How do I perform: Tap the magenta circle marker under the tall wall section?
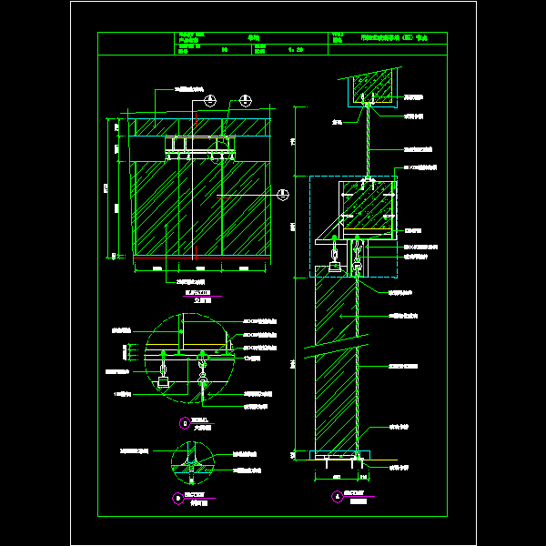[x=338, y=496]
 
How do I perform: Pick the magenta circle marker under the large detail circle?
[x=185, y=422]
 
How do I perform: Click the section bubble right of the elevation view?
[x=283, y=193]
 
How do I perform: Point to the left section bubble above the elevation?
[x=210, y=98]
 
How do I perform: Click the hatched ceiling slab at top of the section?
[x=369, y=87]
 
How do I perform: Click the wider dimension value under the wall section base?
[x=336, y=476]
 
